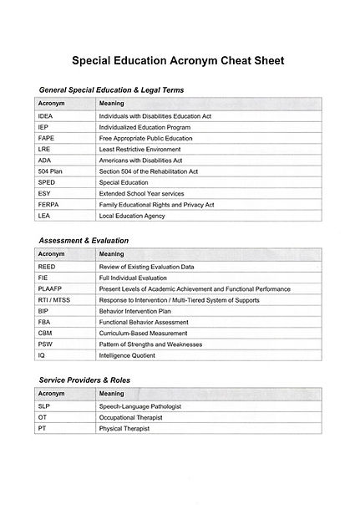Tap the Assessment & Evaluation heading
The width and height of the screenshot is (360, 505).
coord(84,240)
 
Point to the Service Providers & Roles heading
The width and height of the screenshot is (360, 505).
coord(84,380)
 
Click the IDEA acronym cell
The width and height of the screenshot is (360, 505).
coord(47,115)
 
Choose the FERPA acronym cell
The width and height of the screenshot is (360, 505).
coord(49,204)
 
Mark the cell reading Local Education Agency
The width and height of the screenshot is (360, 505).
coord(132,215)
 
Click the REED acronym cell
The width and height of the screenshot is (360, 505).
coord(48,266)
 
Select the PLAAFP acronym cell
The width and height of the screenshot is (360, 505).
coord(51,288)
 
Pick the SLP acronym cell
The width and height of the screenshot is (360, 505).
coord(45,406)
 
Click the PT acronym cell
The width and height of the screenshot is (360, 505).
coord(43,428)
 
